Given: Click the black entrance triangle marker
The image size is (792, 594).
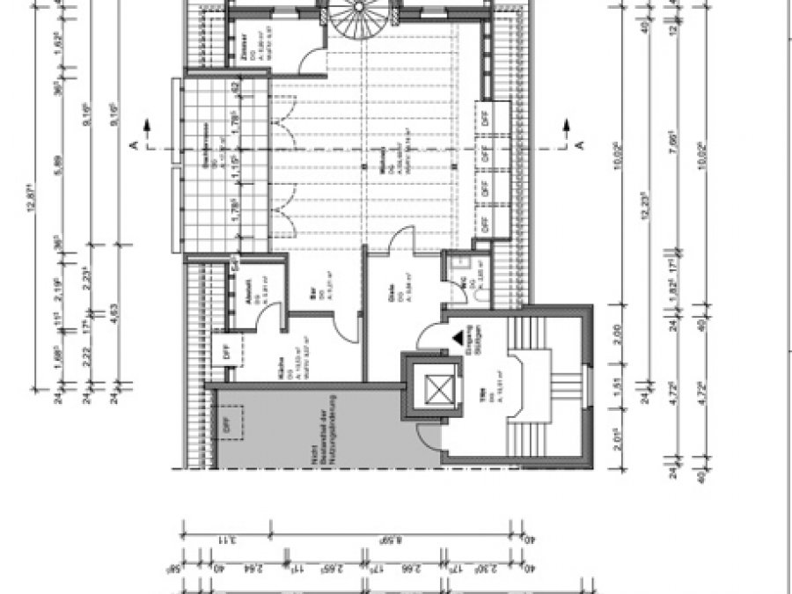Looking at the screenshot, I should pos(458,338).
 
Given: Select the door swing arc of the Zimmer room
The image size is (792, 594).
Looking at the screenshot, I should pos(308,62).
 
